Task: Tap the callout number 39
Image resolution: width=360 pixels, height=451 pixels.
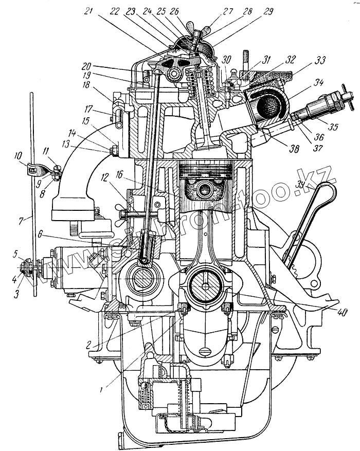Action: coord(300,185)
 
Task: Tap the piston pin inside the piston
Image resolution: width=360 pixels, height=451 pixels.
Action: coord(203,187)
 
